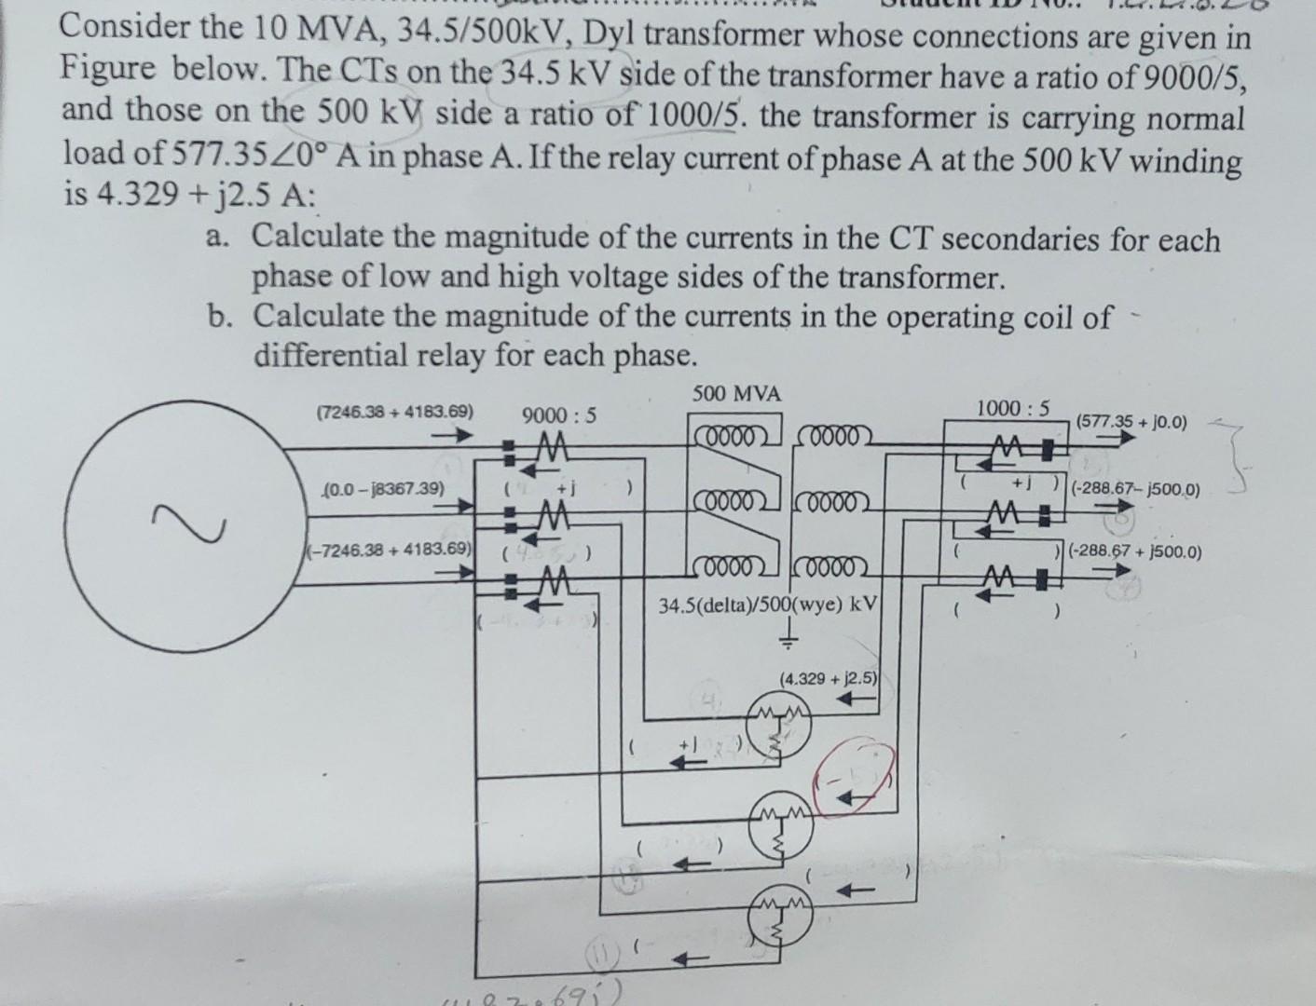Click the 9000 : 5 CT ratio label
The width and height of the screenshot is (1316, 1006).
coord(559,415)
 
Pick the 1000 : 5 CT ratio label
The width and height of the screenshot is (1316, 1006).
coord(1012,408)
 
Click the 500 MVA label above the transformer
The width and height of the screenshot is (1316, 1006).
coord(736,394)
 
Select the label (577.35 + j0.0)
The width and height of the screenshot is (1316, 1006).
coord(1131,422)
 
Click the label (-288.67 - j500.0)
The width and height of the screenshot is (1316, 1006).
coord(1135,489)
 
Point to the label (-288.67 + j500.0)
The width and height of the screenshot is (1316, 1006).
coord(1135,551)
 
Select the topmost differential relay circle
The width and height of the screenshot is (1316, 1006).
coord(780,728)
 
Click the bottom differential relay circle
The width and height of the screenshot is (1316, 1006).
coord(780,918)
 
